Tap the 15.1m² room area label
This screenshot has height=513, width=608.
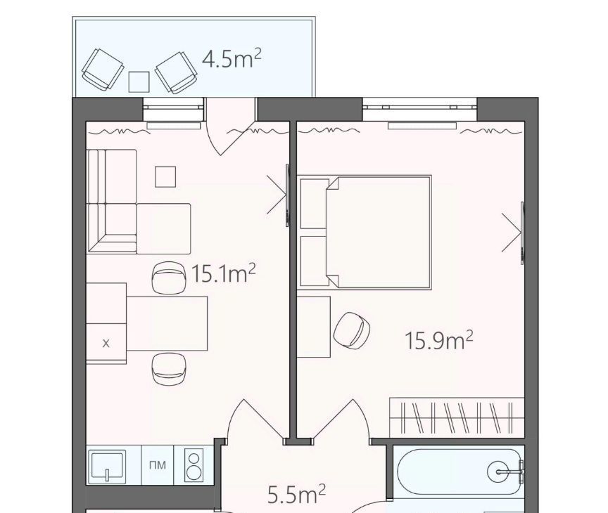click(224, 273)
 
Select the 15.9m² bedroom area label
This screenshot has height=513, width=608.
click(439, 340)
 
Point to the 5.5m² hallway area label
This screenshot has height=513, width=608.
click(297, 494)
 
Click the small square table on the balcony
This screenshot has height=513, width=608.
click(139, 82)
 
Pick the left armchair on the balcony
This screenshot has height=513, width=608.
click(103, 70)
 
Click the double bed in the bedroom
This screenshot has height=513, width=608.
click(379, 233)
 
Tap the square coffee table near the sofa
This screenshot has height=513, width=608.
click(165, 177)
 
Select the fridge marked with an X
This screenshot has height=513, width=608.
click(106, 343)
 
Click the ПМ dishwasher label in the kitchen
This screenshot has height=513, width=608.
click(158, 465)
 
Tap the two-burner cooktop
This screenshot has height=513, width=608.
click(194, 465)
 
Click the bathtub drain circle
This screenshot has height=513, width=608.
click(498, 472)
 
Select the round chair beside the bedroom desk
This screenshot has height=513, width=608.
click(352, 330)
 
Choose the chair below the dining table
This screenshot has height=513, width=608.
click(170, 369)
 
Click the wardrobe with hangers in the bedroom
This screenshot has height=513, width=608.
click(457, 417)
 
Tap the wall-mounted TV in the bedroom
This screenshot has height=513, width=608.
click(522, 233)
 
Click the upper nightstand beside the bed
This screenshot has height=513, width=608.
click(314, 204)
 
